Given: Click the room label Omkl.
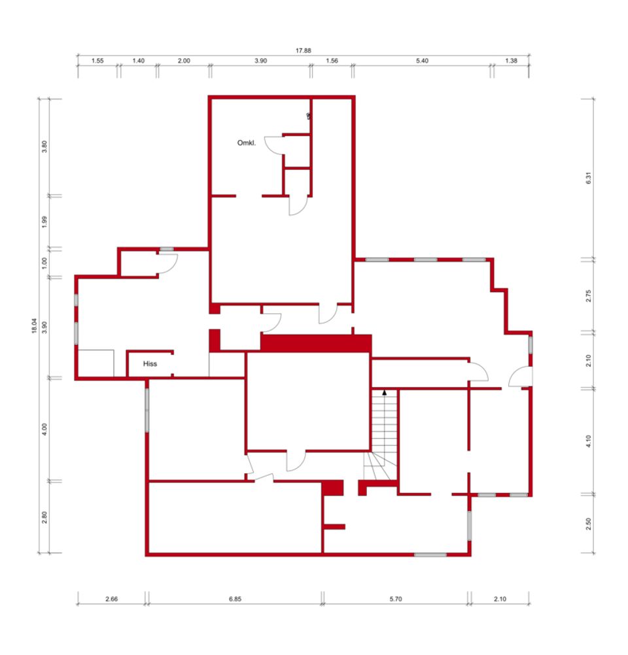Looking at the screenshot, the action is point(246,143).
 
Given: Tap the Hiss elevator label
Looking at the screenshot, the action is point(150,364).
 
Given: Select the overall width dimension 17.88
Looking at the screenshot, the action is point(303,50).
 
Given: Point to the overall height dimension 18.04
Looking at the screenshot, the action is point(34,326).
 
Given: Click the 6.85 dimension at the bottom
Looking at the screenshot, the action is point(235,599).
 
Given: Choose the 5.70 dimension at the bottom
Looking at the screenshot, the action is point(396,599).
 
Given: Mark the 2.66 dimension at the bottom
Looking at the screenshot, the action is point(111,599).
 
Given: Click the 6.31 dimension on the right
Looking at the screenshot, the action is point(588,178).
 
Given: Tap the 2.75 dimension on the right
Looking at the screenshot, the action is point(588,296).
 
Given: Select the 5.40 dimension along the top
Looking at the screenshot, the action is point(422,61).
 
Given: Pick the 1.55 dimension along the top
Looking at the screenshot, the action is point(97,61).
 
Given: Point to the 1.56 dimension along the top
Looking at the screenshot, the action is point(332,61).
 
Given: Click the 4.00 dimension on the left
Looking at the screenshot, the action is point(44,429).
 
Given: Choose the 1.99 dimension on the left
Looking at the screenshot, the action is point(44,222).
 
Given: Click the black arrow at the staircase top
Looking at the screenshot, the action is point(384,393).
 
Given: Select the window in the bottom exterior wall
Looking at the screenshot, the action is point(430,555).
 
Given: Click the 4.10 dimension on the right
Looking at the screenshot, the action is point(588,441).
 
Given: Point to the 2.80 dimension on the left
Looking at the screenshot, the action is point(44,517).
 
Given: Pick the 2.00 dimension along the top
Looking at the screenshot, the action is point(184,61).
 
